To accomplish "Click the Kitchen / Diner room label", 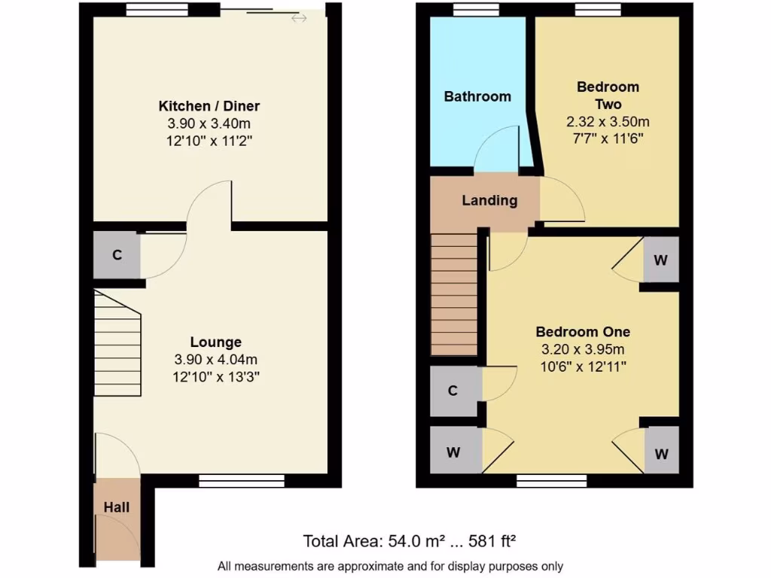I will pos(209,106).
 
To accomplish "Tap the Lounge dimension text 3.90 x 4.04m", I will pos(215,359).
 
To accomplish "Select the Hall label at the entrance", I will pos(117,507).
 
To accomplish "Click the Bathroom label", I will pos(477,96).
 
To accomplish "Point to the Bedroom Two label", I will pos(608,96).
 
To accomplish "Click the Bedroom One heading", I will pos(583,332).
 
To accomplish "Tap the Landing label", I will pos(489,201).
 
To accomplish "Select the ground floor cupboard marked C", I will pos(117,255).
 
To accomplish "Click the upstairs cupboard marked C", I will pos(453,391).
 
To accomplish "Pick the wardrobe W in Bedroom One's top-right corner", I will pos(660,260).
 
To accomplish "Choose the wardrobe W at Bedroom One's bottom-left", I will pos(453,453).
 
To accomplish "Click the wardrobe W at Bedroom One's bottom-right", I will pos(660,454).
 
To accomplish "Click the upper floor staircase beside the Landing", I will pos(454,294).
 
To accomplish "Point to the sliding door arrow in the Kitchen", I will pos(299,17).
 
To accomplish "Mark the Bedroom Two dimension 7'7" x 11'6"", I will pos(608,138).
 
